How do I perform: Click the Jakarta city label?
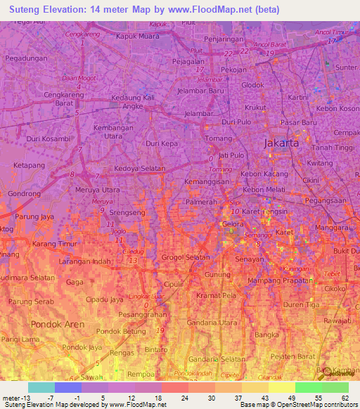pyautogui.click(x=281, y=143)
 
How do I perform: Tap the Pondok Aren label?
pyautogui.click(x=58, y=325)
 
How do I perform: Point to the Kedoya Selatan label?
pyautogui.click(x=139, y=169)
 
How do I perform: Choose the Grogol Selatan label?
pyautogui.click(x=186, y=257)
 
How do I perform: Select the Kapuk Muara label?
pyautogui.click(x=139, y=35)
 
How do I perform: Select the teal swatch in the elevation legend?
pyautogui.click(x=41, y=387)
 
